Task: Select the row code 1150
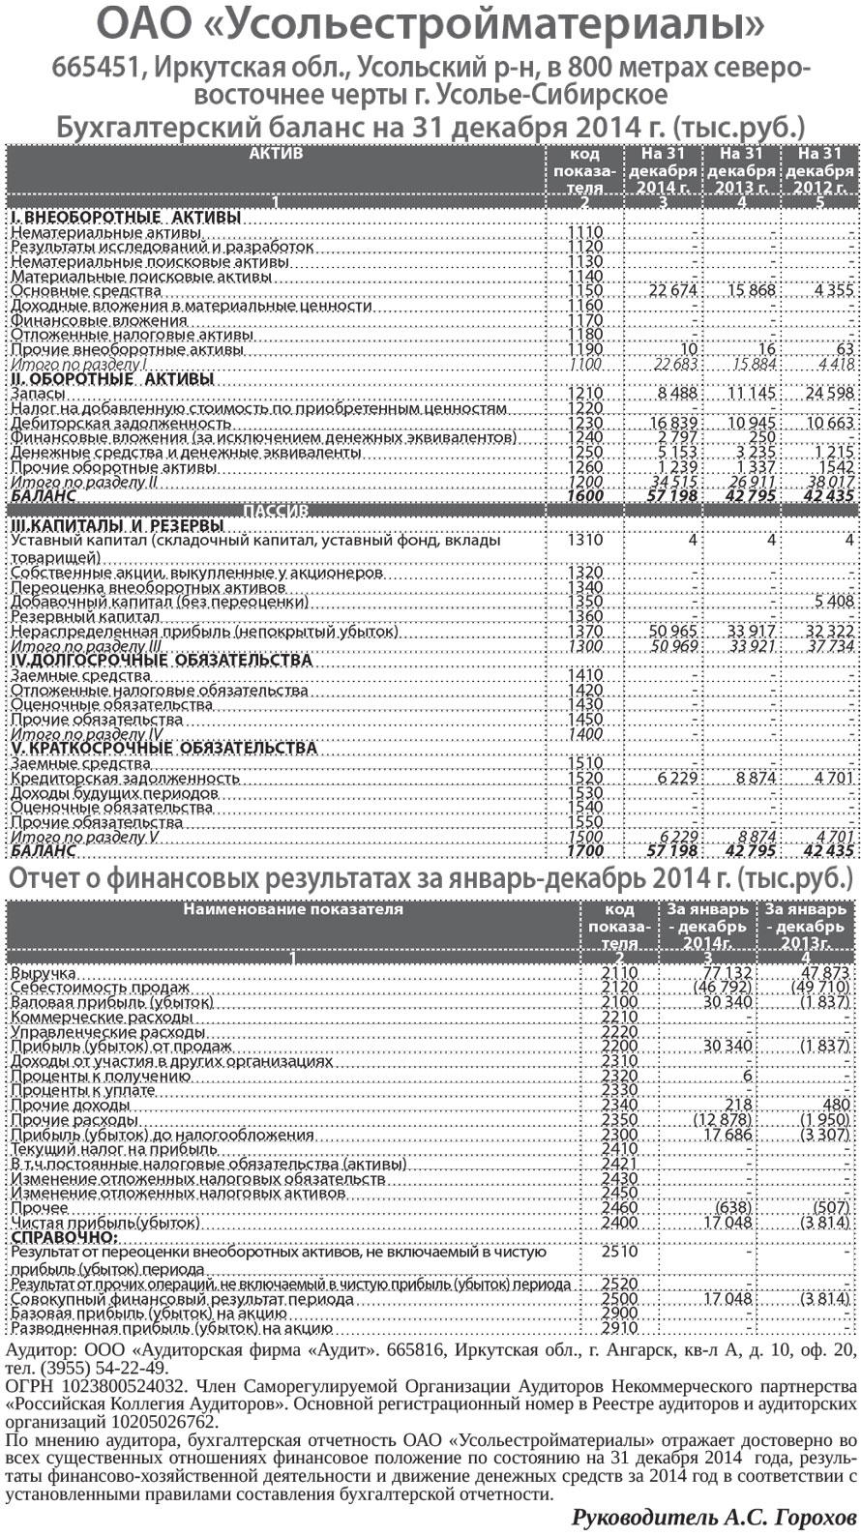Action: [585, 290]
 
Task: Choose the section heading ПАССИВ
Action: [276, 510]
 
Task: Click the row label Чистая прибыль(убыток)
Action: [104, 1223]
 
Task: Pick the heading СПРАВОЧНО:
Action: [64, 1237]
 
